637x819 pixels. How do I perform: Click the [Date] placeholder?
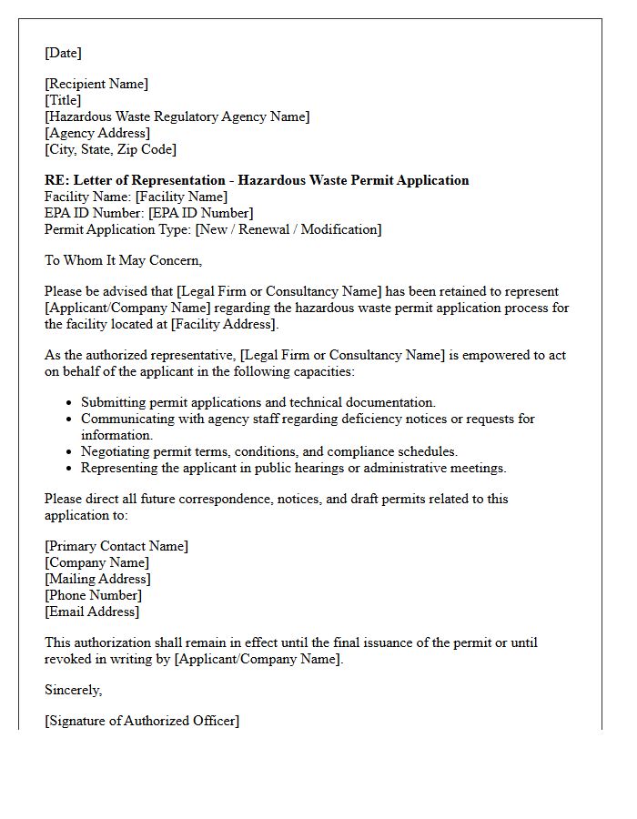click(63, 53)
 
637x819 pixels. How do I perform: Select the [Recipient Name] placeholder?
click(96, 84)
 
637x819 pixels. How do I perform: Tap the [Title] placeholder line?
click(63, 100)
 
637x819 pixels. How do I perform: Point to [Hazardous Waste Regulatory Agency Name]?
click(177, 116)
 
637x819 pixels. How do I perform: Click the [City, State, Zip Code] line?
click(110, 149)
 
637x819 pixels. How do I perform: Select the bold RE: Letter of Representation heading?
click(257, 180)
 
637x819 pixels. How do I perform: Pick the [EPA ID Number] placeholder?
click(201, 213)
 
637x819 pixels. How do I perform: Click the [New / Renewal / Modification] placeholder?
click(288, 229)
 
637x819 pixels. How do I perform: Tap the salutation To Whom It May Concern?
click(123, 260)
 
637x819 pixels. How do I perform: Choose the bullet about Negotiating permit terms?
click(269, 451)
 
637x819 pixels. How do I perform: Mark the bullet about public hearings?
click(293, 468)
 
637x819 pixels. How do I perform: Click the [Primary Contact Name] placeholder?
click(116, 546)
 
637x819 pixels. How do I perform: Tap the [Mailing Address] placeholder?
click(97, 579)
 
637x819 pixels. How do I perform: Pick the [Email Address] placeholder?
click(92, 612)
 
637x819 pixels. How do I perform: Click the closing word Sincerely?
click(73, 690)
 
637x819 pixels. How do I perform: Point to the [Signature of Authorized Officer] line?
click(142, 721)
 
